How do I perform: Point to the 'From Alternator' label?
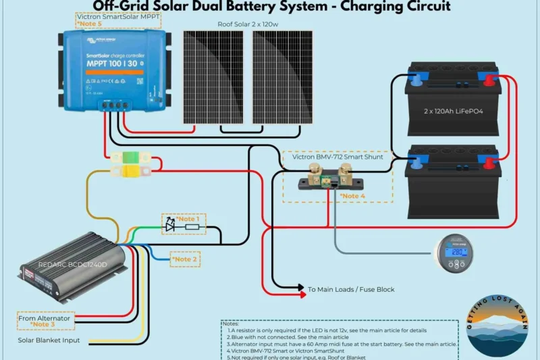click(x=44, y=318)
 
